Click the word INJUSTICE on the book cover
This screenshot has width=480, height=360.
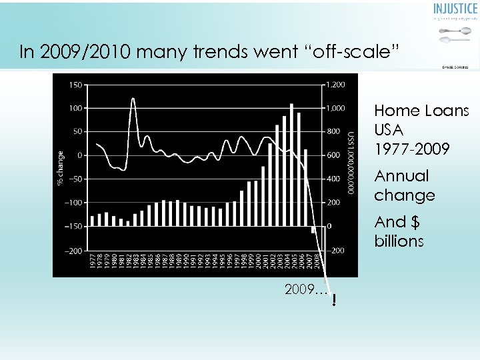pyautogui.click(x=455, y=9)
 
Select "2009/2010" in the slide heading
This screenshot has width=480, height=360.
pyautogui.click(x=72, y=52)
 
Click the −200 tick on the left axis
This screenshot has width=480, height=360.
pyautogui.click(x=74, y=251)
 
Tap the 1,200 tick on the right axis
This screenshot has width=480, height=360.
pyautogui.click(x=336, y=84)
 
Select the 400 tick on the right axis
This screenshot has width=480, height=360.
pyautogui.click(x=333, y=179)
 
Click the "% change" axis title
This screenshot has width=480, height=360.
pyautogui.click(x=60, y=167)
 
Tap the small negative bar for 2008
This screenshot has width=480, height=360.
pyautogui.click(x=313, y=230)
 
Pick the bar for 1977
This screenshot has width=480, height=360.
pyautogui.click(x=92, y=221)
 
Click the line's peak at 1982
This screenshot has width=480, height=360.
pyautogui.click(x=133, y=99)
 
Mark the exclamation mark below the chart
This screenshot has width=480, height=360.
pyautogui.click(x=333, y=301)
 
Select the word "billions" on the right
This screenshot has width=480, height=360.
pyautogui.click(x=399, y=241)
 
